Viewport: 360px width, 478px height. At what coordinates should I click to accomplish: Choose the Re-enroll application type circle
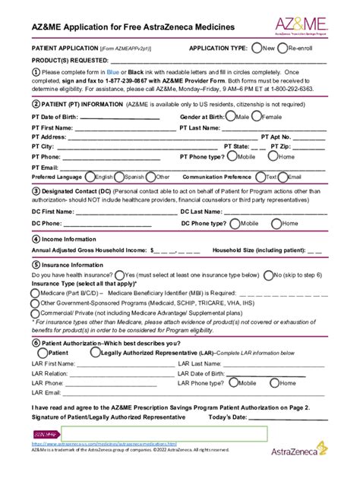pos(283,48)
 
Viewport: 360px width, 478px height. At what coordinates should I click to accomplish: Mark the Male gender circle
pos(231,117)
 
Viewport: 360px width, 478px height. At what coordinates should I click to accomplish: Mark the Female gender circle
pos(257,117)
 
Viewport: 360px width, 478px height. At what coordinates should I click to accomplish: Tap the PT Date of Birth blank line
pos(119,118)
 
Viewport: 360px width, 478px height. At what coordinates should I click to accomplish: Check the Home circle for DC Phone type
pos(277,224)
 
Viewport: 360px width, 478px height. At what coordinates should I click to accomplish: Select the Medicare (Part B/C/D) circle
pos(35,292)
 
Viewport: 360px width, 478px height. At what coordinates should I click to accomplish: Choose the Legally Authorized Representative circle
pos(94,352)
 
